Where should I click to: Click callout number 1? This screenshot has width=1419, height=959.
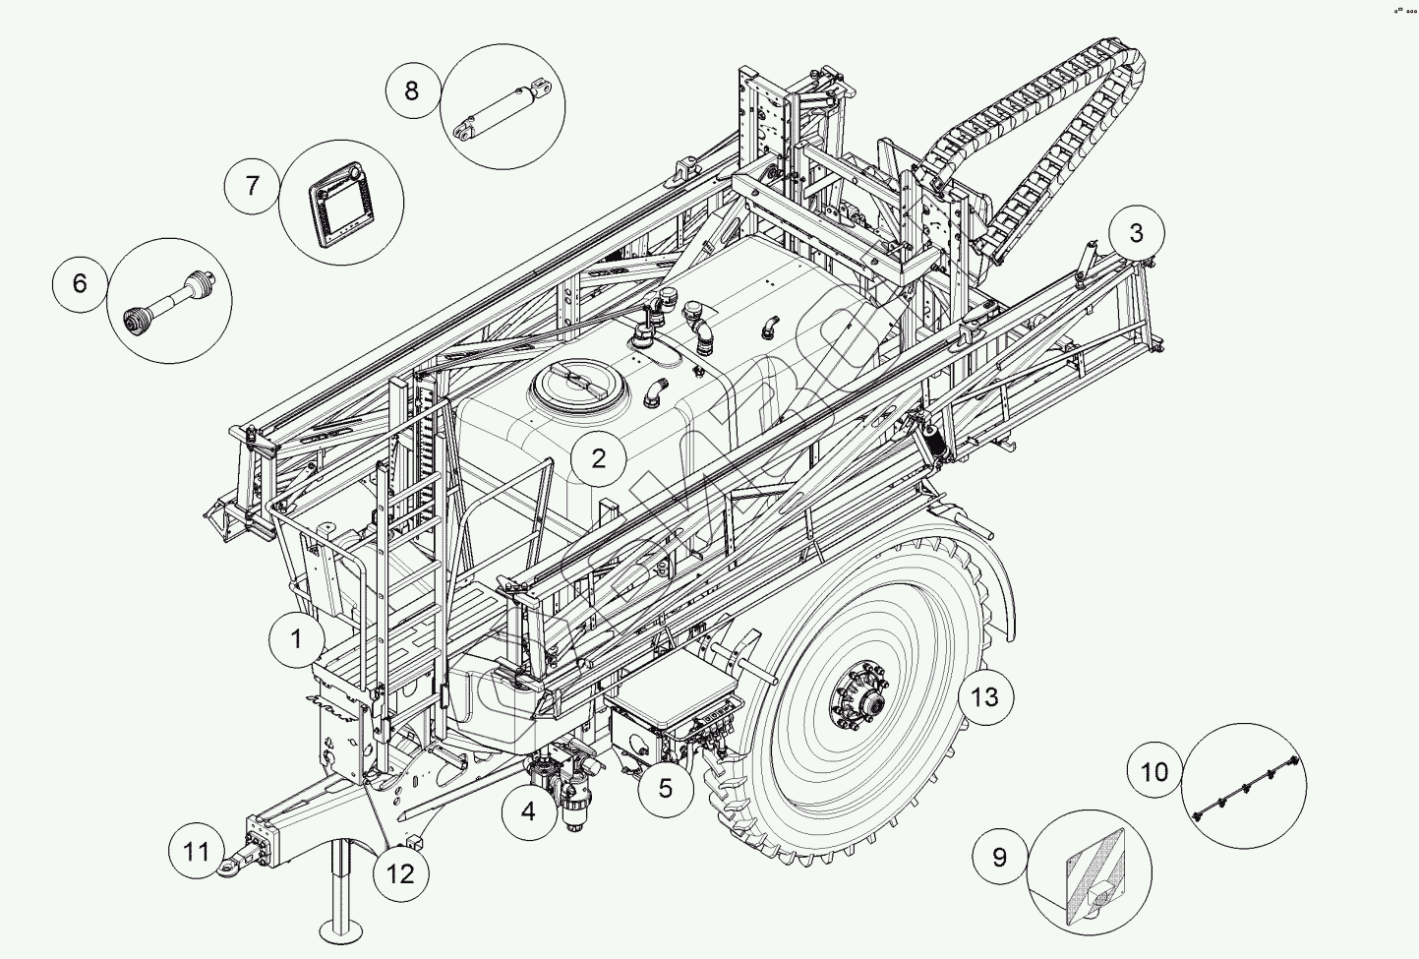coord(296,639)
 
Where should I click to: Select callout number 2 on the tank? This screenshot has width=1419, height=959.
coord(598,458)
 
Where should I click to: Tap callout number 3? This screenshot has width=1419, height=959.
coord(1137,233)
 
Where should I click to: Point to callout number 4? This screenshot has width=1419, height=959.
coord(528,811)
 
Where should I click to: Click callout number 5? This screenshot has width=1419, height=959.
coord(665,788)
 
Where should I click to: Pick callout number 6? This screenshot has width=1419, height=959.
coord(80,283)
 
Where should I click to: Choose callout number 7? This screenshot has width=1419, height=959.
coord(252,185)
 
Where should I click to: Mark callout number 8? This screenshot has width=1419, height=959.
coord(411,90)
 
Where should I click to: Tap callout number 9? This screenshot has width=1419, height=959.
coord(999,857)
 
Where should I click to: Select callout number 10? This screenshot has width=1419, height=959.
coord(1154,770)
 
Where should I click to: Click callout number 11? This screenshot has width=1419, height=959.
coord(197,849)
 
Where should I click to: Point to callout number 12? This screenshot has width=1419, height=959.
coord(401,872)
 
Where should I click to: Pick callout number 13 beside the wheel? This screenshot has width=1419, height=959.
coord(984,697)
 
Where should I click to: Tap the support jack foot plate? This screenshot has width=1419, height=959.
coord(344,929)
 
